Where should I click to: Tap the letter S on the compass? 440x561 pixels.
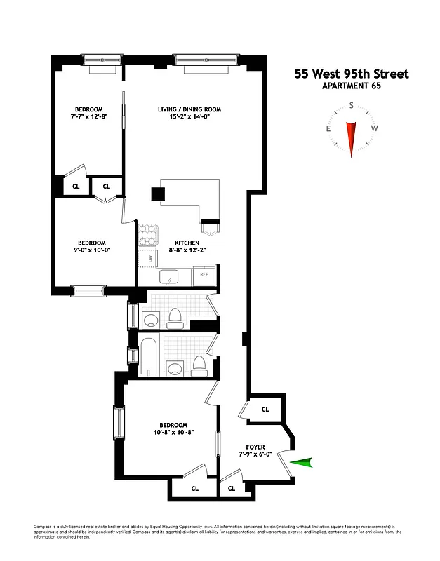coord(351,106)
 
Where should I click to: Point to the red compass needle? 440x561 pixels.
coord(352,135)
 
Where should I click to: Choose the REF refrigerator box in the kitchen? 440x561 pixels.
coord(204,275)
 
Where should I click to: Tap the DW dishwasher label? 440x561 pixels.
coord(150,259)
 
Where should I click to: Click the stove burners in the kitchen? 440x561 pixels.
coord(147,235)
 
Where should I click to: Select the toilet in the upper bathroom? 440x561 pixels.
coord(176,318)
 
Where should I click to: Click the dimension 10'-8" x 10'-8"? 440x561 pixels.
coord(173,433)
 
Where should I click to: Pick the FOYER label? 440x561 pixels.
coord(255,446)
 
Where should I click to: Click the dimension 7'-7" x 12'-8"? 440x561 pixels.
coord(89,117)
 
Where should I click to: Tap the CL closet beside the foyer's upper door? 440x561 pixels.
coord(265,409)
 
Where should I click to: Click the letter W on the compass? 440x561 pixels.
coord(375,128)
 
